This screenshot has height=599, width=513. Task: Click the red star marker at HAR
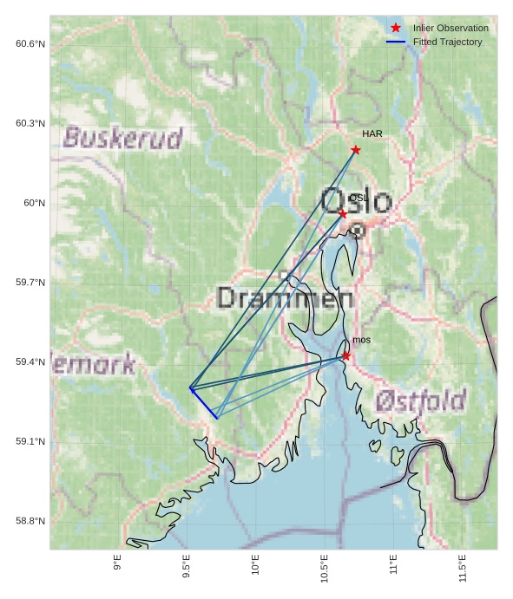(356, 150)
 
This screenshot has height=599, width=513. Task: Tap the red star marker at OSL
(343, 213)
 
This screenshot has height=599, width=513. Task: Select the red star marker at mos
(345, 355)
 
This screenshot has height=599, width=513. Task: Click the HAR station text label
(372, 134)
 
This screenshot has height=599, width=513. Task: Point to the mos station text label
(361, 340)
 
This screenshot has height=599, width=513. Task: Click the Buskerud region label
(123, 138)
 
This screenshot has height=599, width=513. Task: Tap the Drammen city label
(285, 299)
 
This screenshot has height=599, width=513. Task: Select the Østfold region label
(422, 400)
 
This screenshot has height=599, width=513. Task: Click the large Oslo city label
(356, 201)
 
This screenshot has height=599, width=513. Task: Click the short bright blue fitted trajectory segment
(204, 403)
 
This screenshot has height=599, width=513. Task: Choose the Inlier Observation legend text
(451, 28)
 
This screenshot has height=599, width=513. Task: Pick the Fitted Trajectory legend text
(447, 42)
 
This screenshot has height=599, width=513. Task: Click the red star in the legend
(396, 28)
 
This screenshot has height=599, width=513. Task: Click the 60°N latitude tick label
(35, 203)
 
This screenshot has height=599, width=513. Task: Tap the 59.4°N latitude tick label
(30, 362)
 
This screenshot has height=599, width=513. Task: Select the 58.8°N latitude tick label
(30, 521)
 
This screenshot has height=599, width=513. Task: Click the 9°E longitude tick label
(117, 569)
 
